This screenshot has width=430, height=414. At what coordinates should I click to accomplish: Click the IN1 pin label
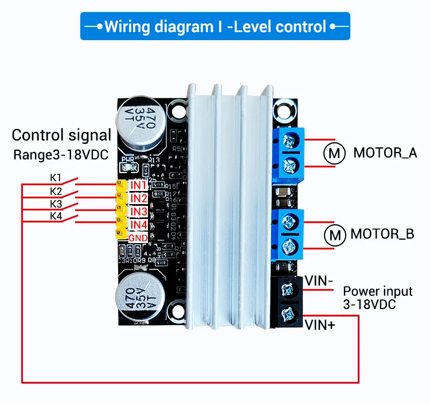tap(139, 186)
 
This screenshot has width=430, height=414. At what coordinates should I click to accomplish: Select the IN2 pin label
tap(139, 199)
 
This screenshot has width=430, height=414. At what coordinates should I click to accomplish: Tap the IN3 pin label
tap(139, 212)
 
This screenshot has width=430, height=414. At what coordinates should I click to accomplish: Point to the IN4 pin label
tap(139, 225)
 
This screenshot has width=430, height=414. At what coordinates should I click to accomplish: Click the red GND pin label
tap(138, 238)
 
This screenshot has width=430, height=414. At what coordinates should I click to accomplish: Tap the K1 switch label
tap(56, 178)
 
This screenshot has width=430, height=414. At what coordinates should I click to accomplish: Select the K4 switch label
tap(56, 216)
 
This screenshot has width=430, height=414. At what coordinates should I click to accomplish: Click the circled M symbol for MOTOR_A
tap(334, 153)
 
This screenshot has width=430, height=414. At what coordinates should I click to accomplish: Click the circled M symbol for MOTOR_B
tap(334, 235)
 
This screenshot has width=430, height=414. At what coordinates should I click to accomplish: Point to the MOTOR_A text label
tap(385, 153)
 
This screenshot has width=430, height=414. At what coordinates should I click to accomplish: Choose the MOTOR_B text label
tap(382, 235)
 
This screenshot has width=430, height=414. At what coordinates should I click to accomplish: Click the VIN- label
tap(319, 281)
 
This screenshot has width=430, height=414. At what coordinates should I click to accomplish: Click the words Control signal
tap(61, 135)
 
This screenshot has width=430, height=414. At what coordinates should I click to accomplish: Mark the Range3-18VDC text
tap(61, 155)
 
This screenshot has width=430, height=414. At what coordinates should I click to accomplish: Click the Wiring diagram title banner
tap(214, 26)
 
